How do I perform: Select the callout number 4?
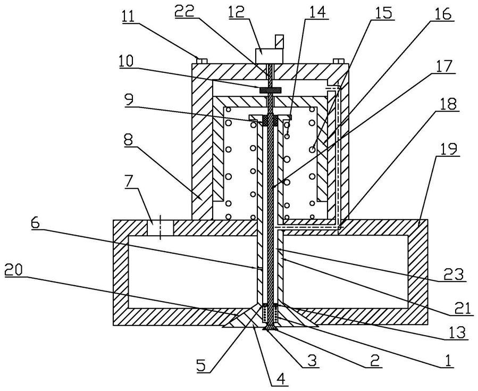point(281,379)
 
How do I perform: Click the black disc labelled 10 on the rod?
point(270,90)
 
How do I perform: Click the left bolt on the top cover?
point(202,61)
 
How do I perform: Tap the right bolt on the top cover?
point(338,61)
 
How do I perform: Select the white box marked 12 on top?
point(269,56)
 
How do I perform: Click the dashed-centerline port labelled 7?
point(160,228)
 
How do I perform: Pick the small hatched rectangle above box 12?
point(279,41)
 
